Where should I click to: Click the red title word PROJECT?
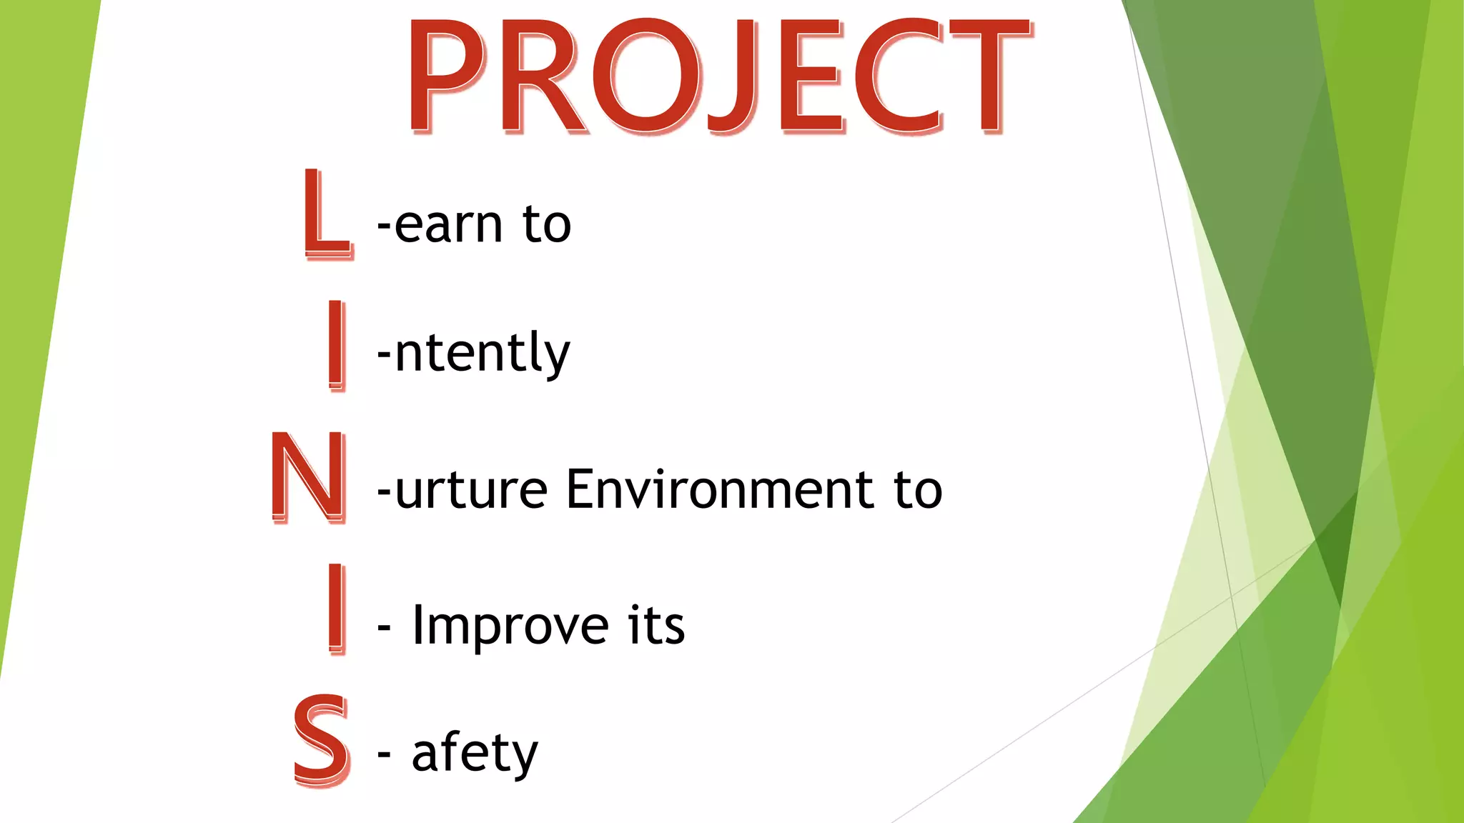pyautogui.click(x=718, y=77)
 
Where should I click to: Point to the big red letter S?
pyautogui.click(x=322, y=741)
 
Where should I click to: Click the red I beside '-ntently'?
pyautogui.click(x=336, y=345)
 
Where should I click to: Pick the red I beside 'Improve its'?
pyautogui.click(x=336, y=609)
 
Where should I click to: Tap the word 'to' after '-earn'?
pyautogui.click(x=547, y=224)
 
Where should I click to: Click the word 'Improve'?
pyautogui.click(x=510, y=626)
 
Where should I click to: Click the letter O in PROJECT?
pyautogui.click(x=647, y=77)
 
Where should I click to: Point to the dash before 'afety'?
pyautogui.click(x=385, y=754)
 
